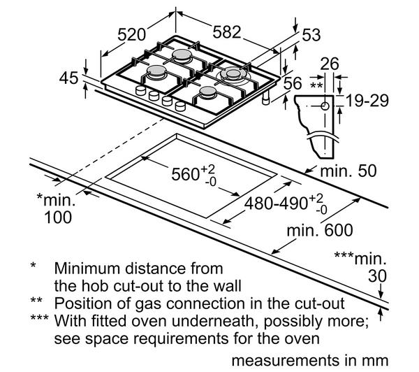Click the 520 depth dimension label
132,34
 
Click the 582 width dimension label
227,32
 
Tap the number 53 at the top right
311,35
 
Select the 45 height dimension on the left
69,78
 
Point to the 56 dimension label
293,83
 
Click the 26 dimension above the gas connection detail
330,64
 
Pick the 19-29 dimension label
367,101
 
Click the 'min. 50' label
348,171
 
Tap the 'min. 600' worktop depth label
320,230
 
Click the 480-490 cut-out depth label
276,203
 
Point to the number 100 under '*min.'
58,217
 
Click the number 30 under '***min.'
377,276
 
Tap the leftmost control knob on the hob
140,90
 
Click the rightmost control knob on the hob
180,106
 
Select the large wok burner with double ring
233,73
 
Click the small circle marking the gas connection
325,106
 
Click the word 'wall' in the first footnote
228,286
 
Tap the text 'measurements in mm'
309,360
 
